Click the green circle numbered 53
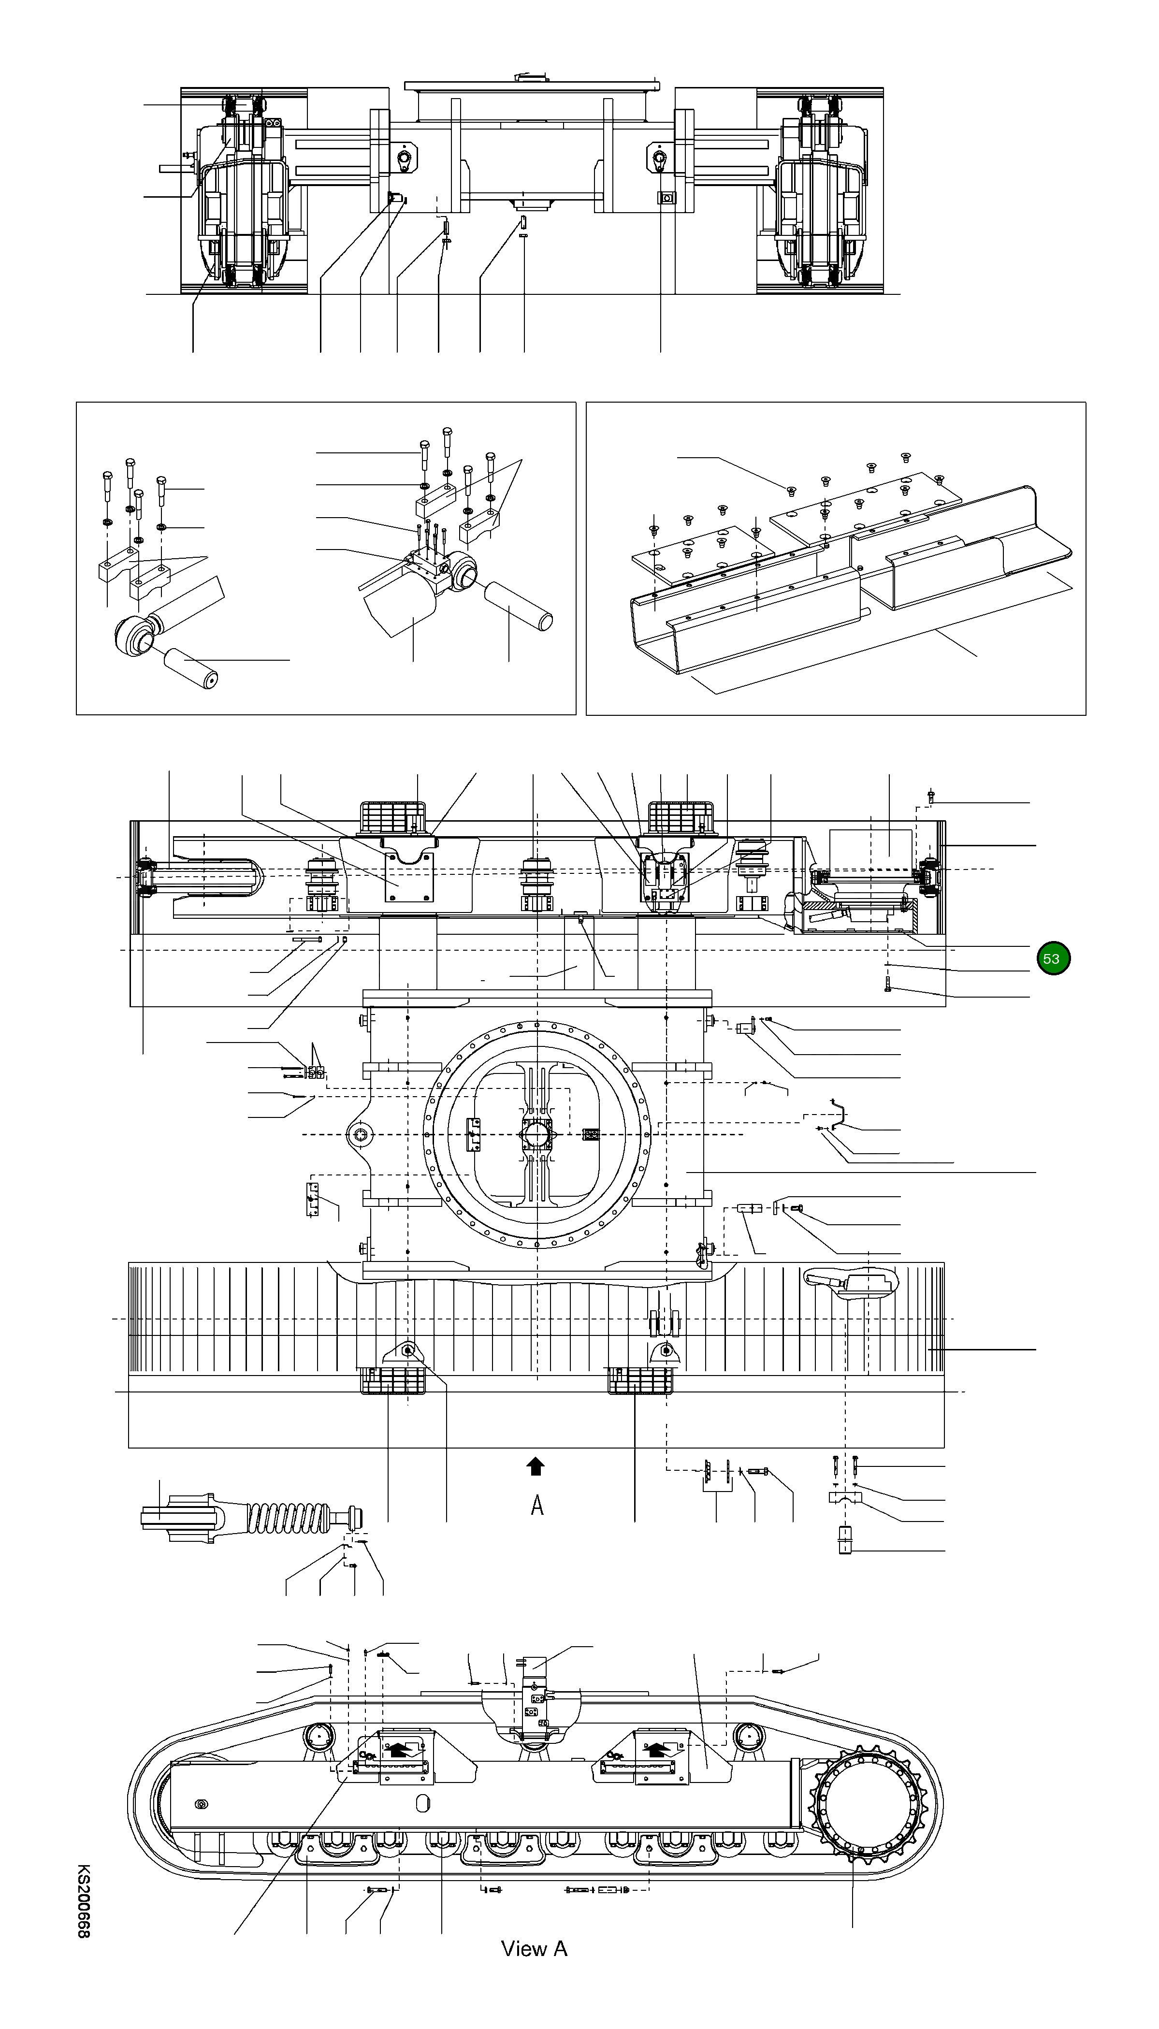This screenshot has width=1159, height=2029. (1053, 958)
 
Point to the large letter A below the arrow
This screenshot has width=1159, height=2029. (537, 1505)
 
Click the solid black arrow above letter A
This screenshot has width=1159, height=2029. (536, 1465)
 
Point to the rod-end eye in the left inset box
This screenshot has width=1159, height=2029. (134, 637)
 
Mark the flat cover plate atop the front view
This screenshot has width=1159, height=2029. (531, 85)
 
